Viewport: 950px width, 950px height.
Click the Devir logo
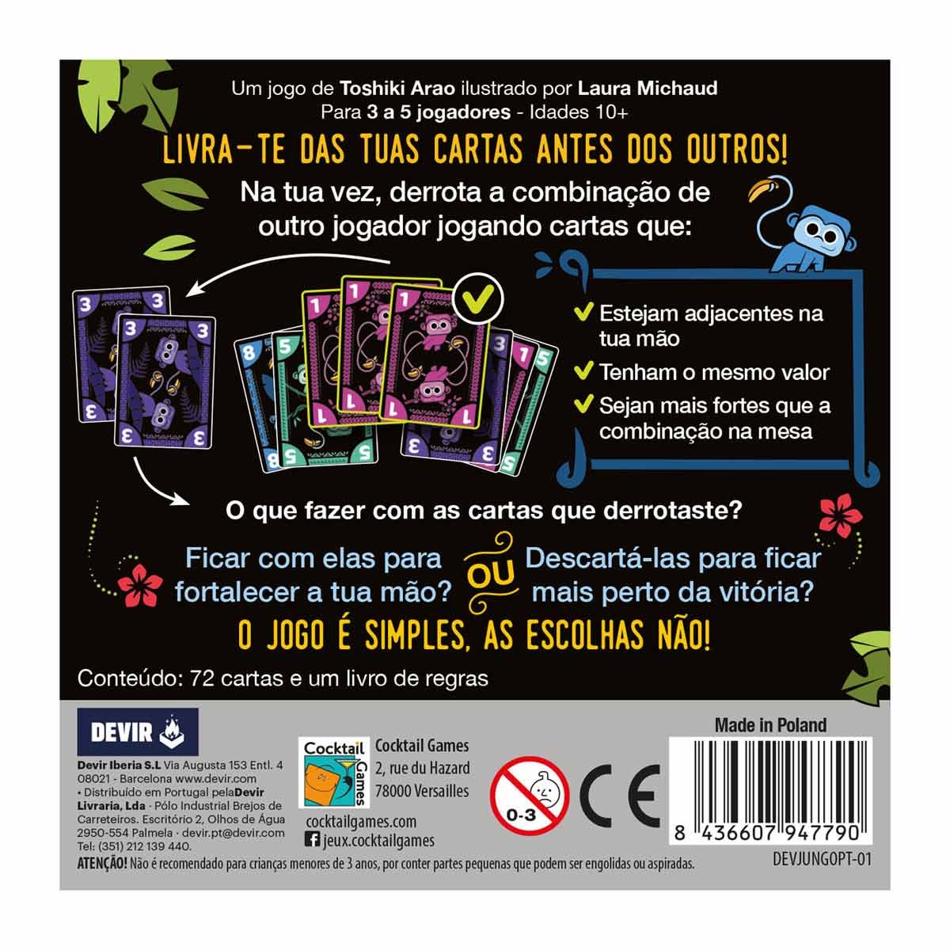coord(138,731)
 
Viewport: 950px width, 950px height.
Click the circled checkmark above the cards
coord(478,298)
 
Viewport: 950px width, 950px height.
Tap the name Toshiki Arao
coord(397,89)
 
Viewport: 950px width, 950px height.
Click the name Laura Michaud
coord(648,89)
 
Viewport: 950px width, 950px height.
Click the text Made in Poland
coord(770,724)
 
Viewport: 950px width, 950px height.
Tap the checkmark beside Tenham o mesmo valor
coord(583,372)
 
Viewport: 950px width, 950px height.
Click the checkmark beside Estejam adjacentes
coord(583,313)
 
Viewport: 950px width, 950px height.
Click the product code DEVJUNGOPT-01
coord(822,860)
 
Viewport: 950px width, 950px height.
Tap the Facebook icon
coord(312,838)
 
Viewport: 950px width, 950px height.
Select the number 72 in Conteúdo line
coord(202,678)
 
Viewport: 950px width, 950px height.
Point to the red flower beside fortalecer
coord(140,585)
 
